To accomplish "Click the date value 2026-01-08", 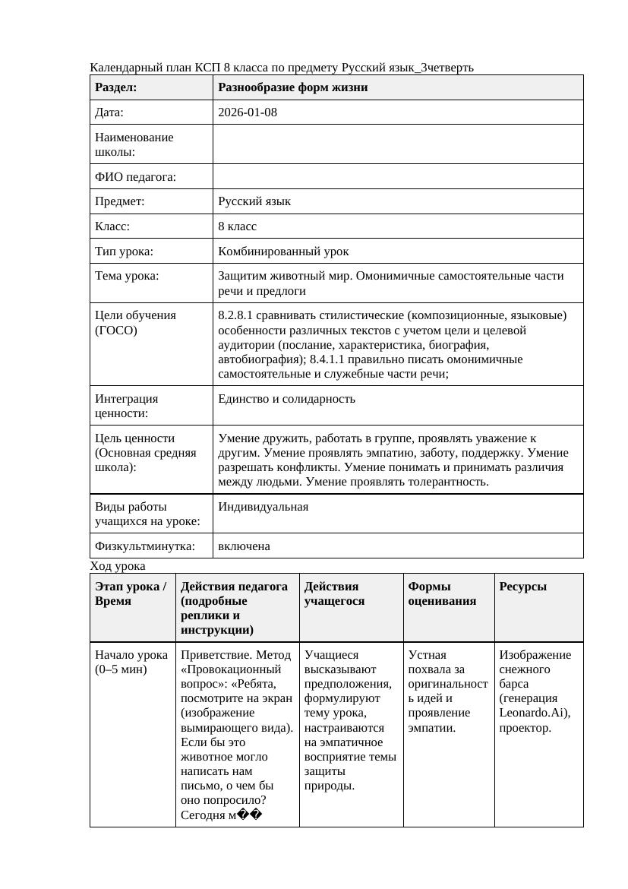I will (x=248, y=112).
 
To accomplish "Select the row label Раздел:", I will (x=115, y=87).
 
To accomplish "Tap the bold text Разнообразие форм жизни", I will (x=292, y=87).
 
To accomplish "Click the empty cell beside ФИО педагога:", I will (x=398, y=177).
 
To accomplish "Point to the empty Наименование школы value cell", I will (x=398, y=144).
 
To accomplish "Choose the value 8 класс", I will (x=237, y=226).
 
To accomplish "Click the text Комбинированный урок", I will (x=283, y=251).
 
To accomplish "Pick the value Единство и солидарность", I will (x=286, y=399).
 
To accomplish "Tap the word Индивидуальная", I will (x=263, y=507).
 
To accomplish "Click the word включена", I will (x=244, y=546).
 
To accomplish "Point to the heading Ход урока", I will (x=118, y=566).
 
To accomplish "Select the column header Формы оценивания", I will (x=443, y=593).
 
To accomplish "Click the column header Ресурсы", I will (x=522, y=587).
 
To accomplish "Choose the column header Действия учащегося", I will (x=331, y=593).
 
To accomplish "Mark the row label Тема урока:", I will (x=127, y=276).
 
